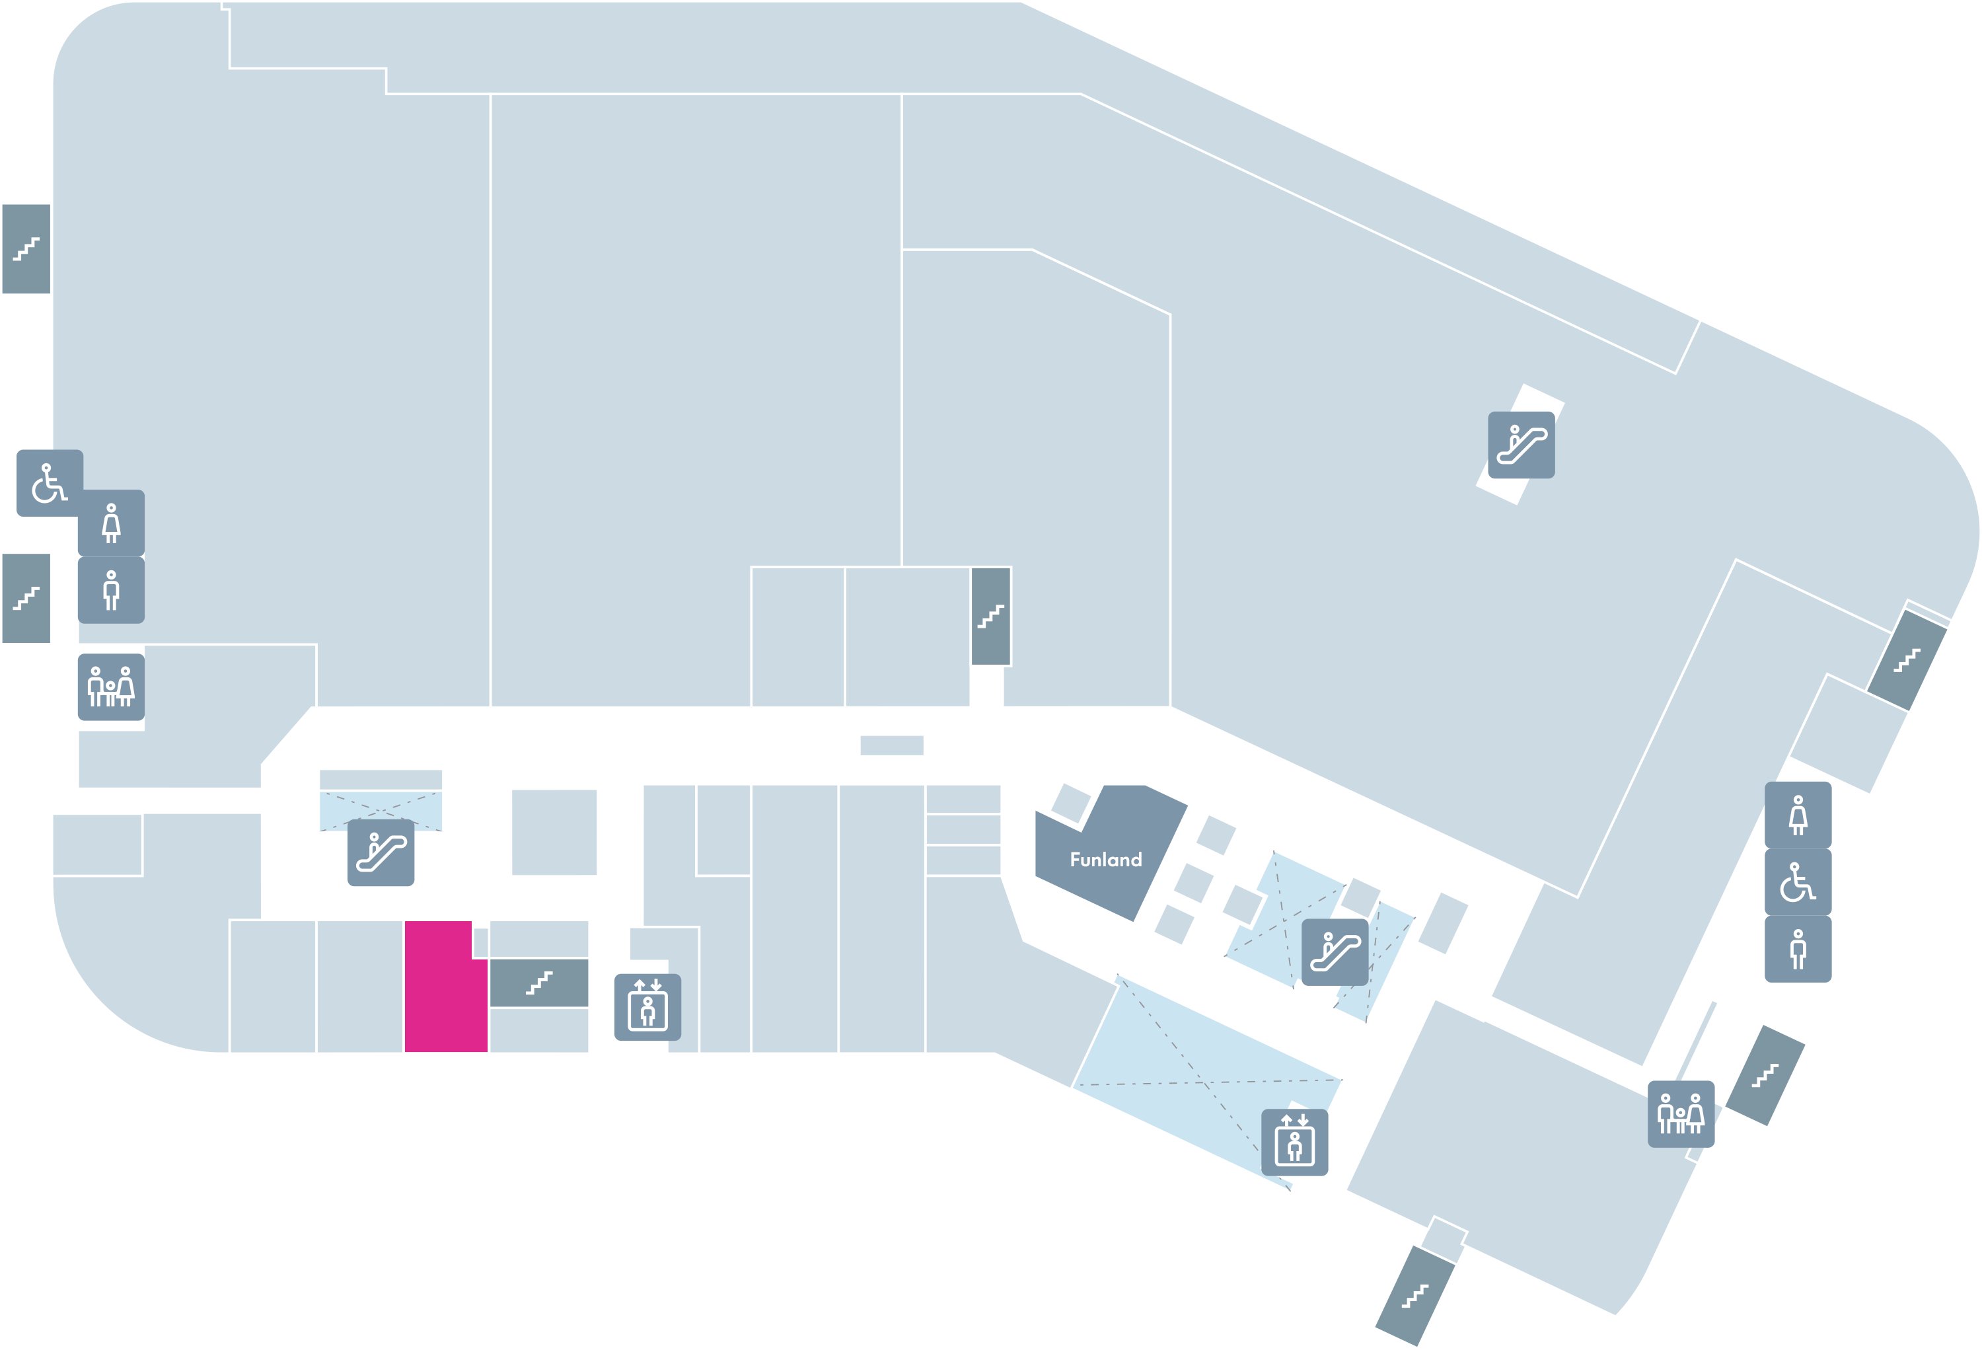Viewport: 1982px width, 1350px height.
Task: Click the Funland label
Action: (1105, 860)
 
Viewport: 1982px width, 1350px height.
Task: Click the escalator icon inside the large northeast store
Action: (1522, 445)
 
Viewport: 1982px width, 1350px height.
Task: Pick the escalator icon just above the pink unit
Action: (381, 853)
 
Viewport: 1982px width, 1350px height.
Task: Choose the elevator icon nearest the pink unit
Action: (647, 1007)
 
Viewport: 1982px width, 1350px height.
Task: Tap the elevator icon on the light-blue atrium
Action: (1295, 1143)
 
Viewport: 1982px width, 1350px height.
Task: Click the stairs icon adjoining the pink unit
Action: (539, 983)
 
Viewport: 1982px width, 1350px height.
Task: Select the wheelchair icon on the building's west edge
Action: (50, 482)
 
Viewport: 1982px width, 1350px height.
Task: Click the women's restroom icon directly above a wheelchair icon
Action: (1798, 815)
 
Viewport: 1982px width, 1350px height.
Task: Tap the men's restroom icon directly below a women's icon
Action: (111, 590)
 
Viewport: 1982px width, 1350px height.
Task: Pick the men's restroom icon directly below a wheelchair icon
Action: (1798, 949)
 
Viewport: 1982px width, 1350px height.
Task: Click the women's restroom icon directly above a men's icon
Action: (111, 523)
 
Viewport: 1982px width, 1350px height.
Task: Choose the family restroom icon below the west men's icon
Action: (111, 687)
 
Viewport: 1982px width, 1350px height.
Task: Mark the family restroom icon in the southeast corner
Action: (1681, 1115)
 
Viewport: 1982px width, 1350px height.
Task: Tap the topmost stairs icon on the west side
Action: (26, 249)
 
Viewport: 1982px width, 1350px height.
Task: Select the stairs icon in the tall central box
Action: (991, 616)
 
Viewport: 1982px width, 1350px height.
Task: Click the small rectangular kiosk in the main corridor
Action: (892, 745)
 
